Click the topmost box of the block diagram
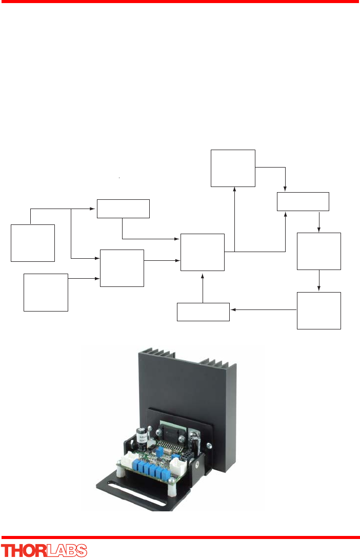[233, 168]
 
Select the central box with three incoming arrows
[203, 252]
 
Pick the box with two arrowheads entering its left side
[122, 268]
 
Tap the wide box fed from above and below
[303, 201]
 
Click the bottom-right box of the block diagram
[318, 310]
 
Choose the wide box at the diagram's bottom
[203, 312]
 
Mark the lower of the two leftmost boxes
[46, 292]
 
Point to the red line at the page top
[180, 2]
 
